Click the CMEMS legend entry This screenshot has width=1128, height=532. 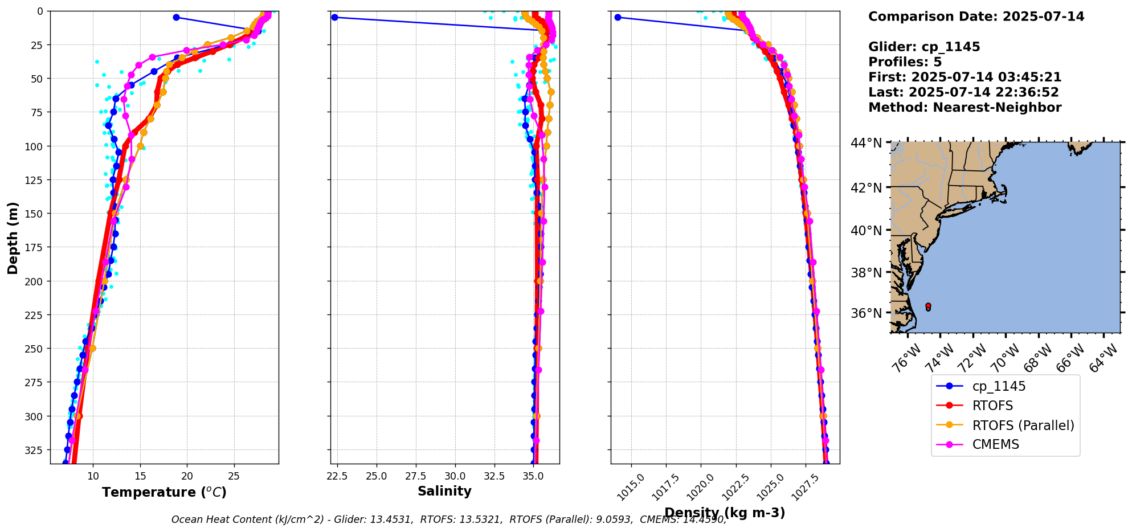click(995, 445)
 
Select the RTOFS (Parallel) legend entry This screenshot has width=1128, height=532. click(1023, 425)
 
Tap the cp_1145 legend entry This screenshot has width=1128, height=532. click(999, 386)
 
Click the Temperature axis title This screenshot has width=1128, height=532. click(164, 492)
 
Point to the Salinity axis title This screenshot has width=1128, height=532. click(444, 491)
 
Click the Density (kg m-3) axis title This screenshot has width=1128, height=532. click(725, 513)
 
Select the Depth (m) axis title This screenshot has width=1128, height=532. click(13, 238)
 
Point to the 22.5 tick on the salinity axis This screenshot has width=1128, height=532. click(337, 476)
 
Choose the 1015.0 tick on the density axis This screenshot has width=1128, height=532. click(632, 487)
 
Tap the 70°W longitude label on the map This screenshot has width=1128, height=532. click(1006, 358)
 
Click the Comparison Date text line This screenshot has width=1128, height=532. click(976, 17)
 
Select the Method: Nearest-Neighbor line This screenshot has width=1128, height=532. click(964, 108)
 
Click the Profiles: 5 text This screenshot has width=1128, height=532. click(905, 62)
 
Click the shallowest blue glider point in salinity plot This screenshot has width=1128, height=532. click(334, 18)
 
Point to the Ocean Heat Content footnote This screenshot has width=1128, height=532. click(449, 519)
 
